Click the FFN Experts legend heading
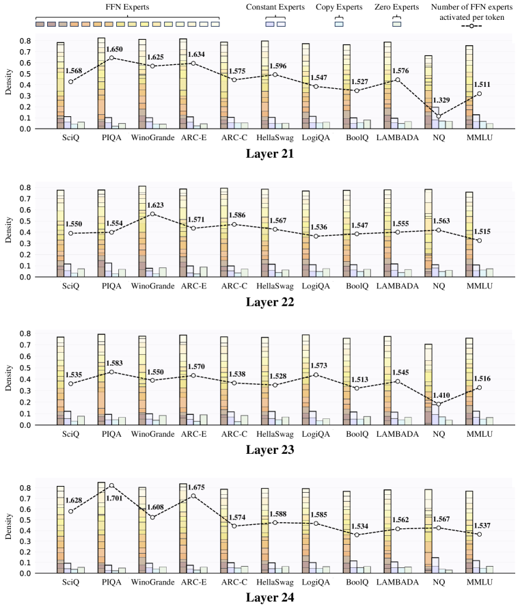127,6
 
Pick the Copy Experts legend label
339,6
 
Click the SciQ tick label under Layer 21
68,137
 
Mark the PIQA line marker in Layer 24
111,485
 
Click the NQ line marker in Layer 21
438,116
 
